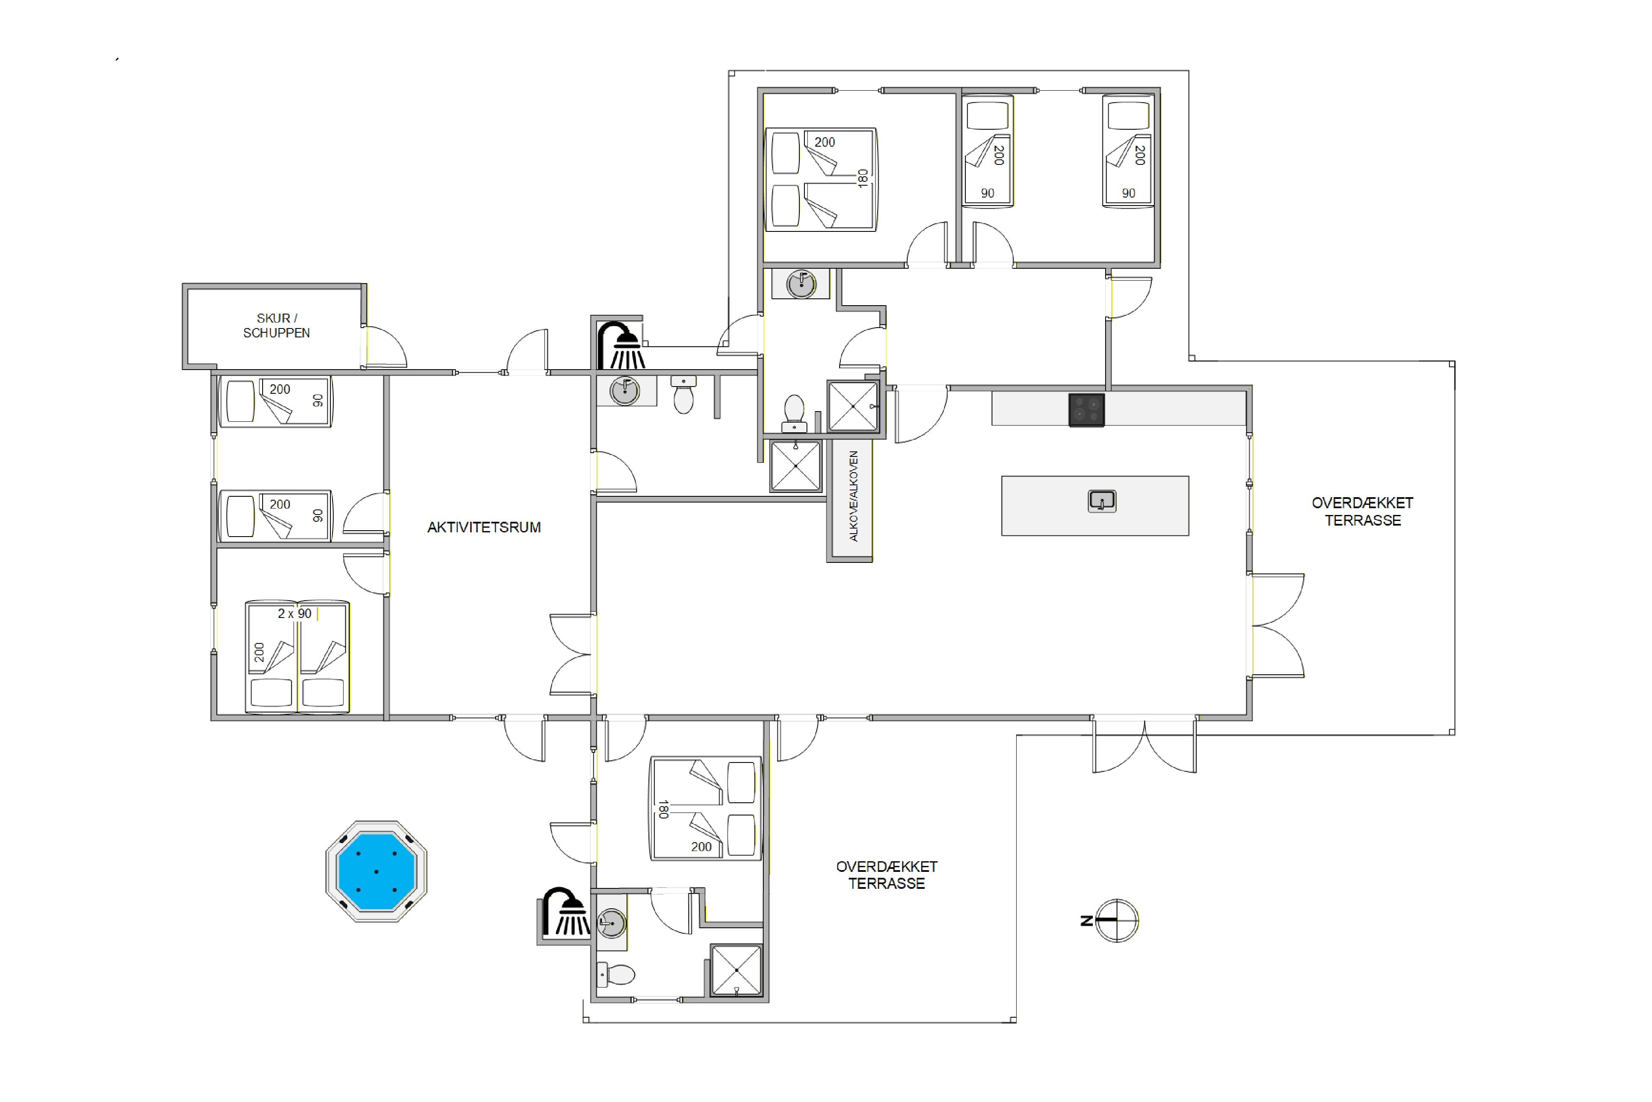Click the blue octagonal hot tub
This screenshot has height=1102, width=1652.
click(x=377, y=871)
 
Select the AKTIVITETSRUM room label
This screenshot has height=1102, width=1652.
click(x=484, y=527)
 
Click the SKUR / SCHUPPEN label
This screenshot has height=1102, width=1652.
click(x=276, y=326)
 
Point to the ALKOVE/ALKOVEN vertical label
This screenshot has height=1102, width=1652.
click(x=854, y=496)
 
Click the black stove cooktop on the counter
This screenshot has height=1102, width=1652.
click(x=1087, y=410)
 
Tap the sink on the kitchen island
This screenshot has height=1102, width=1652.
click(x=1102, y=501)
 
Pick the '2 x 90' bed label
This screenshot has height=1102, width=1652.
click(x=294, y=614)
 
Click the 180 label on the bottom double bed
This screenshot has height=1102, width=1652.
click(x=663, y=810)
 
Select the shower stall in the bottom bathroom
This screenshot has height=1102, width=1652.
click(x=736, y=970)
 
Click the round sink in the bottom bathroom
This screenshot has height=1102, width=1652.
click(x=611, y=923)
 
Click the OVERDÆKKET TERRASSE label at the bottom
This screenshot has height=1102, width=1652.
click(x=887, y=875)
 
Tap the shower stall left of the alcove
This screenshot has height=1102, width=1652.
click(x=796, y=466)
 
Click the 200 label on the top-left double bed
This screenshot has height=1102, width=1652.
click(x=825, y=142)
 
